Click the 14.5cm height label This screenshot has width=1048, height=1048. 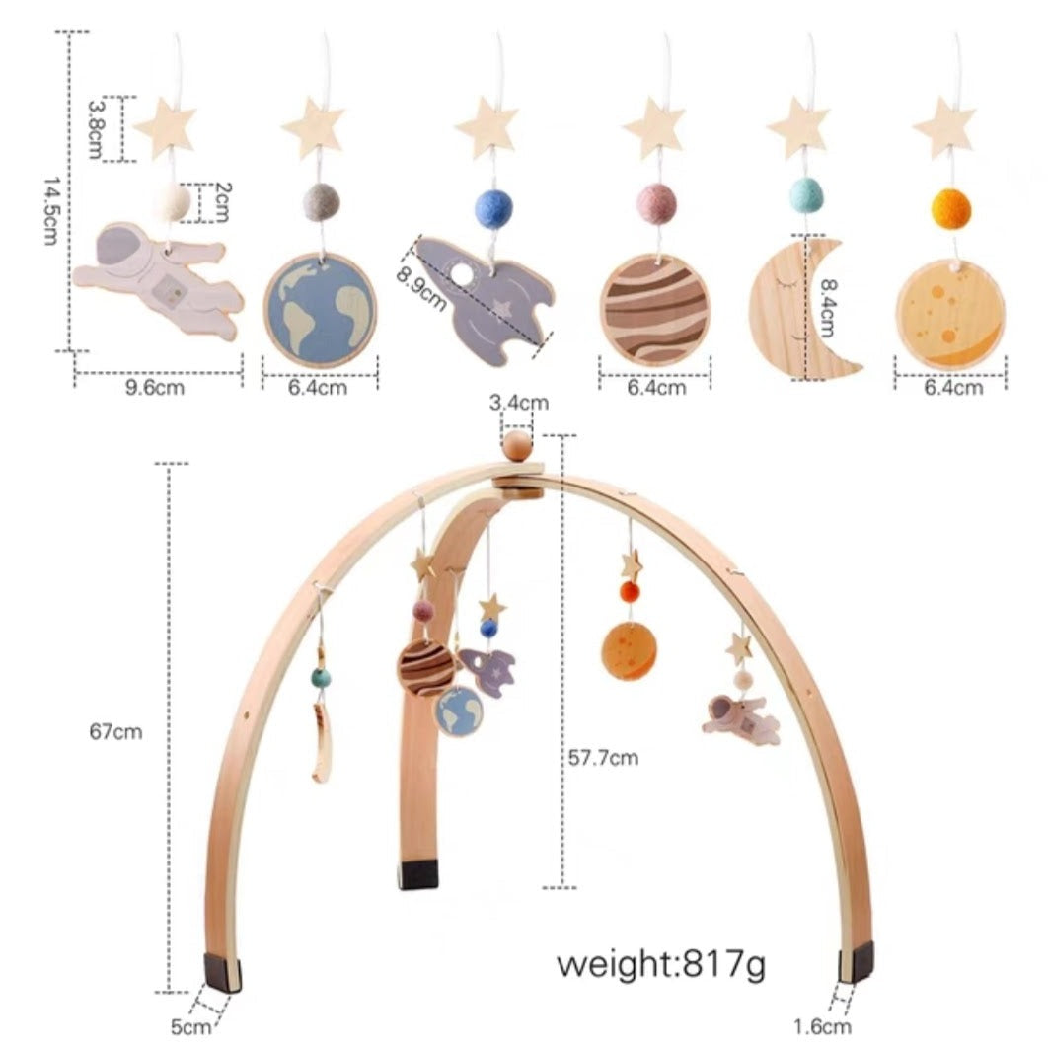50,211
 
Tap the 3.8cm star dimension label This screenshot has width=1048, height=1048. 95,129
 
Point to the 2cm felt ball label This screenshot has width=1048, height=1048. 222,202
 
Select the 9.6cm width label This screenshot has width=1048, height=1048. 154,387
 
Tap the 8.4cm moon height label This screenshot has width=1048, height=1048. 828,308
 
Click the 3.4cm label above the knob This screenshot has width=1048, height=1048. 519,403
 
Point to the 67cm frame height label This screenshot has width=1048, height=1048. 115,731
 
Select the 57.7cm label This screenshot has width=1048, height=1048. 603,757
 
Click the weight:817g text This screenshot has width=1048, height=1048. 661,964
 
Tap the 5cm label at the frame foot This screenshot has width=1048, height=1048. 190,1026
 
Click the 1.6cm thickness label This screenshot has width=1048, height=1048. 822,1026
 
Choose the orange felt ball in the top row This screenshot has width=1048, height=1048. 951,208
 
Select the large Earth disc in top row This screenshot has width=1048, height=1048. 320,310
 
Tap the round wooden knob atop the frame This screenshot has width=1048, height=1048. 517,446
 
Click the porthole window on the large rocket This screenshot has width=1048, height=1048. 461,273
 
